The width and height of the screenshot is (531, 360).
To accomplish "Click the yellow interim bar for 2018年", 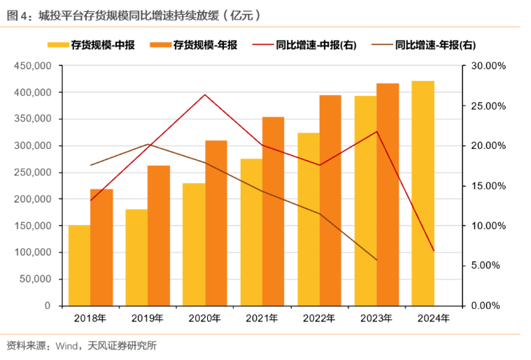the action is click(x=79, y=266).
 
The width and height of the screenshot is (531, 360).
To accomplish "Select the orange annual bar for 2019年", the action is click(x=159, y=236).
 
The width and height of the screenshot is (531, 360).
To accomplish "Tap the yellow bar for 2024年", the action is click(x=423, y=194).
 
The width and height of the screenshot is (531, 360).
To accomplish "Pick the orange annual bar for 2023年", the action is click(x=388, y=195).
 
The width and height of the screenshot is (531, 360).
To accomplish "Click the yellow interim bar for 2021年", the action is click(x=252, y=233).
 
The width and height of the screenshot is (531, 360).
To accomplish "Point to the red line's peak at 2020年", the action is click(x=205, y=95).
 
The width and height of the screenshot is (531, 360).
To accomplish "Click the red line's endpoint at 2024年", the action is click(x=434, y=251).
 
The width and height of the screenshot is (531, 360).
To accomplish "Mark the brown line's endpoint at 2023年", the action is click(x=376, y=260).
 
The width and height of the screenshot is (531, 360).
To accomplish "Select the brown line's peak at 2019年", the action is click(x=148, y=144).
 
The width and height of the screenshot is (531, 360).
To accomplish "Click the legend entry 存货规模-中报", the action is click(x=91, y=45).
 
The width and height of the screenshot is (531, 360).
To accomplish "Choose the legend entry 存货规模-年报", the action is click(x=193, y=45).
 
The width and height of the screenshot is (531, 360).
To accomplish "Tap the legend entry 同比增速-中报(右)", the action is click(x=304, y=45).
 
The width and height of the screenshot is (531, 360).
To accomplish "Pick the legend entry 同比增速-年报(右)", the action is click(x=424, y=45).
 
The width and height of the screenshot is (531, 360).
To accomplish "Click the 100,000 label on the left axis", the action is click(x=33, y=252).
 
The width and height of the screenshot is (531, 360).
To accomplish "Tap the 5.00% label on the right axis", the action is click(x=486, y=266).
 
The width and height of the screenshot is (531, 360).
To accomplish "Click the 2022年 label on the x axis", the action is click(x=319, y=318).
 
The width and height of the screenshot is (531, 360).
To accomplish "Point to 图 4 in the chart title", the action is click(x=17, y=15).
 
